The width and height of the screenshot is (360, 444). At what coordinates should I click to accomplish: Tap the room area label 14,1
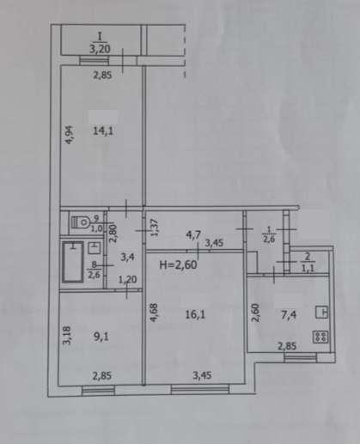coord(101,132)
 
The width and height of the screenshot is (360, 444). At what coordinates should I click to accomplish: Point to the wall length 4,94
coord(70,137)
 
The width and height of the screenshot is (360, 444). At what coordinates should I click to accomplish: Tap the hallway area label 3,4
coord(126,256)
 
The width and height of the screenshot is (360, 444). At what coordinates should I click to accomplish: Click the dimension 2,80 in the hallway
coord(112,235)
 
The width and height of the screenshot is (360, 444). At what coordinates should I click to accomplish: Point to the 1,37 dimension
coord(155,228)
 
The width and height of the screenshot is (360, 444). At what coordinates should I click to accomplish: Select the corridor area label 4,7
coord(195,231)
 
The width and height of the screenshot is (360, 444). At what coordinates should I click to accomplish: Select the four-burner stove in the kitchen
coord(322,337)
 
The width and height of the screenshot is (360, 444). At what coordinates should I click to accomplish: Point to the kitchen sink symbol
coord(322,313)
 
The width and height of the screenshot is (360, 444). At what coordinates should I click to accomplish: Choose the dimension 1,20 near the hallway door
coord(128,280)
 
